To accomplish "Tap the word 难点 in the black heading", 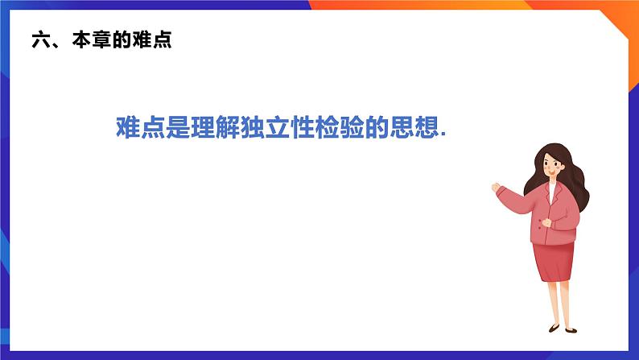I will click(x=155, y=40).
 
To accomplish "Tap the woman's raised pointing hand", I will click(x=497, y=188).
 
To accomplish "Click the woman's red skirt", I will click(x=554, y=262).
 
